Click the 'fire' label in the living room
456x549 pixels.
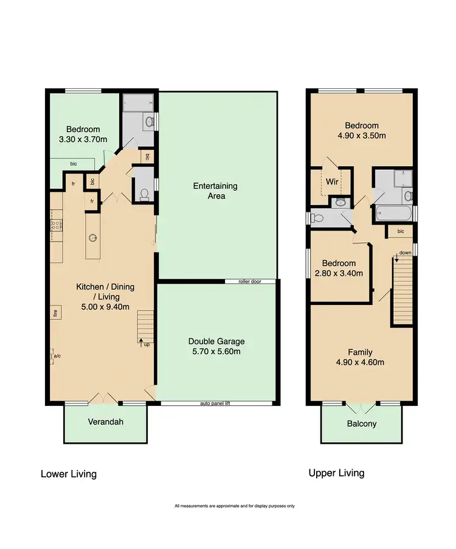click(54, 314)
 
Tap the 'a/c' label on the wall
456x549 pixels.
click(57, 356)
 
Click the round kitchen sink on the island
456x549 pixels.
click(93, 237)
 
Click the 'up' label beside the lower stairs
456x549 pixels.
click(147, 345)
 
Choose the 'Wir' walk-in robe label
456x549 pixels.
click(332, 181)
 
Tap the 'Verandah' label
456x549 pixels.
click(105, 421)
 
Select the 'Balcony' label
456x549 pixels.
click(362, 424)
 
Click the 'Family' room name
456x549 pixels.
click(360, 352)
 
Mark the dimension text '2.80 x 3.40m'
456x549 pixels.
click(339, 273)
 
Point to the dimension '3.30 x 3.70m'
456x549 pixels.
click(83, 140)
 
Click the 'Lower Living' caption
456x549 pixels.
click(68, 474)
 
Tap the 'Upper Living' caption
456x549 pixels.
click(336, 472)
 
